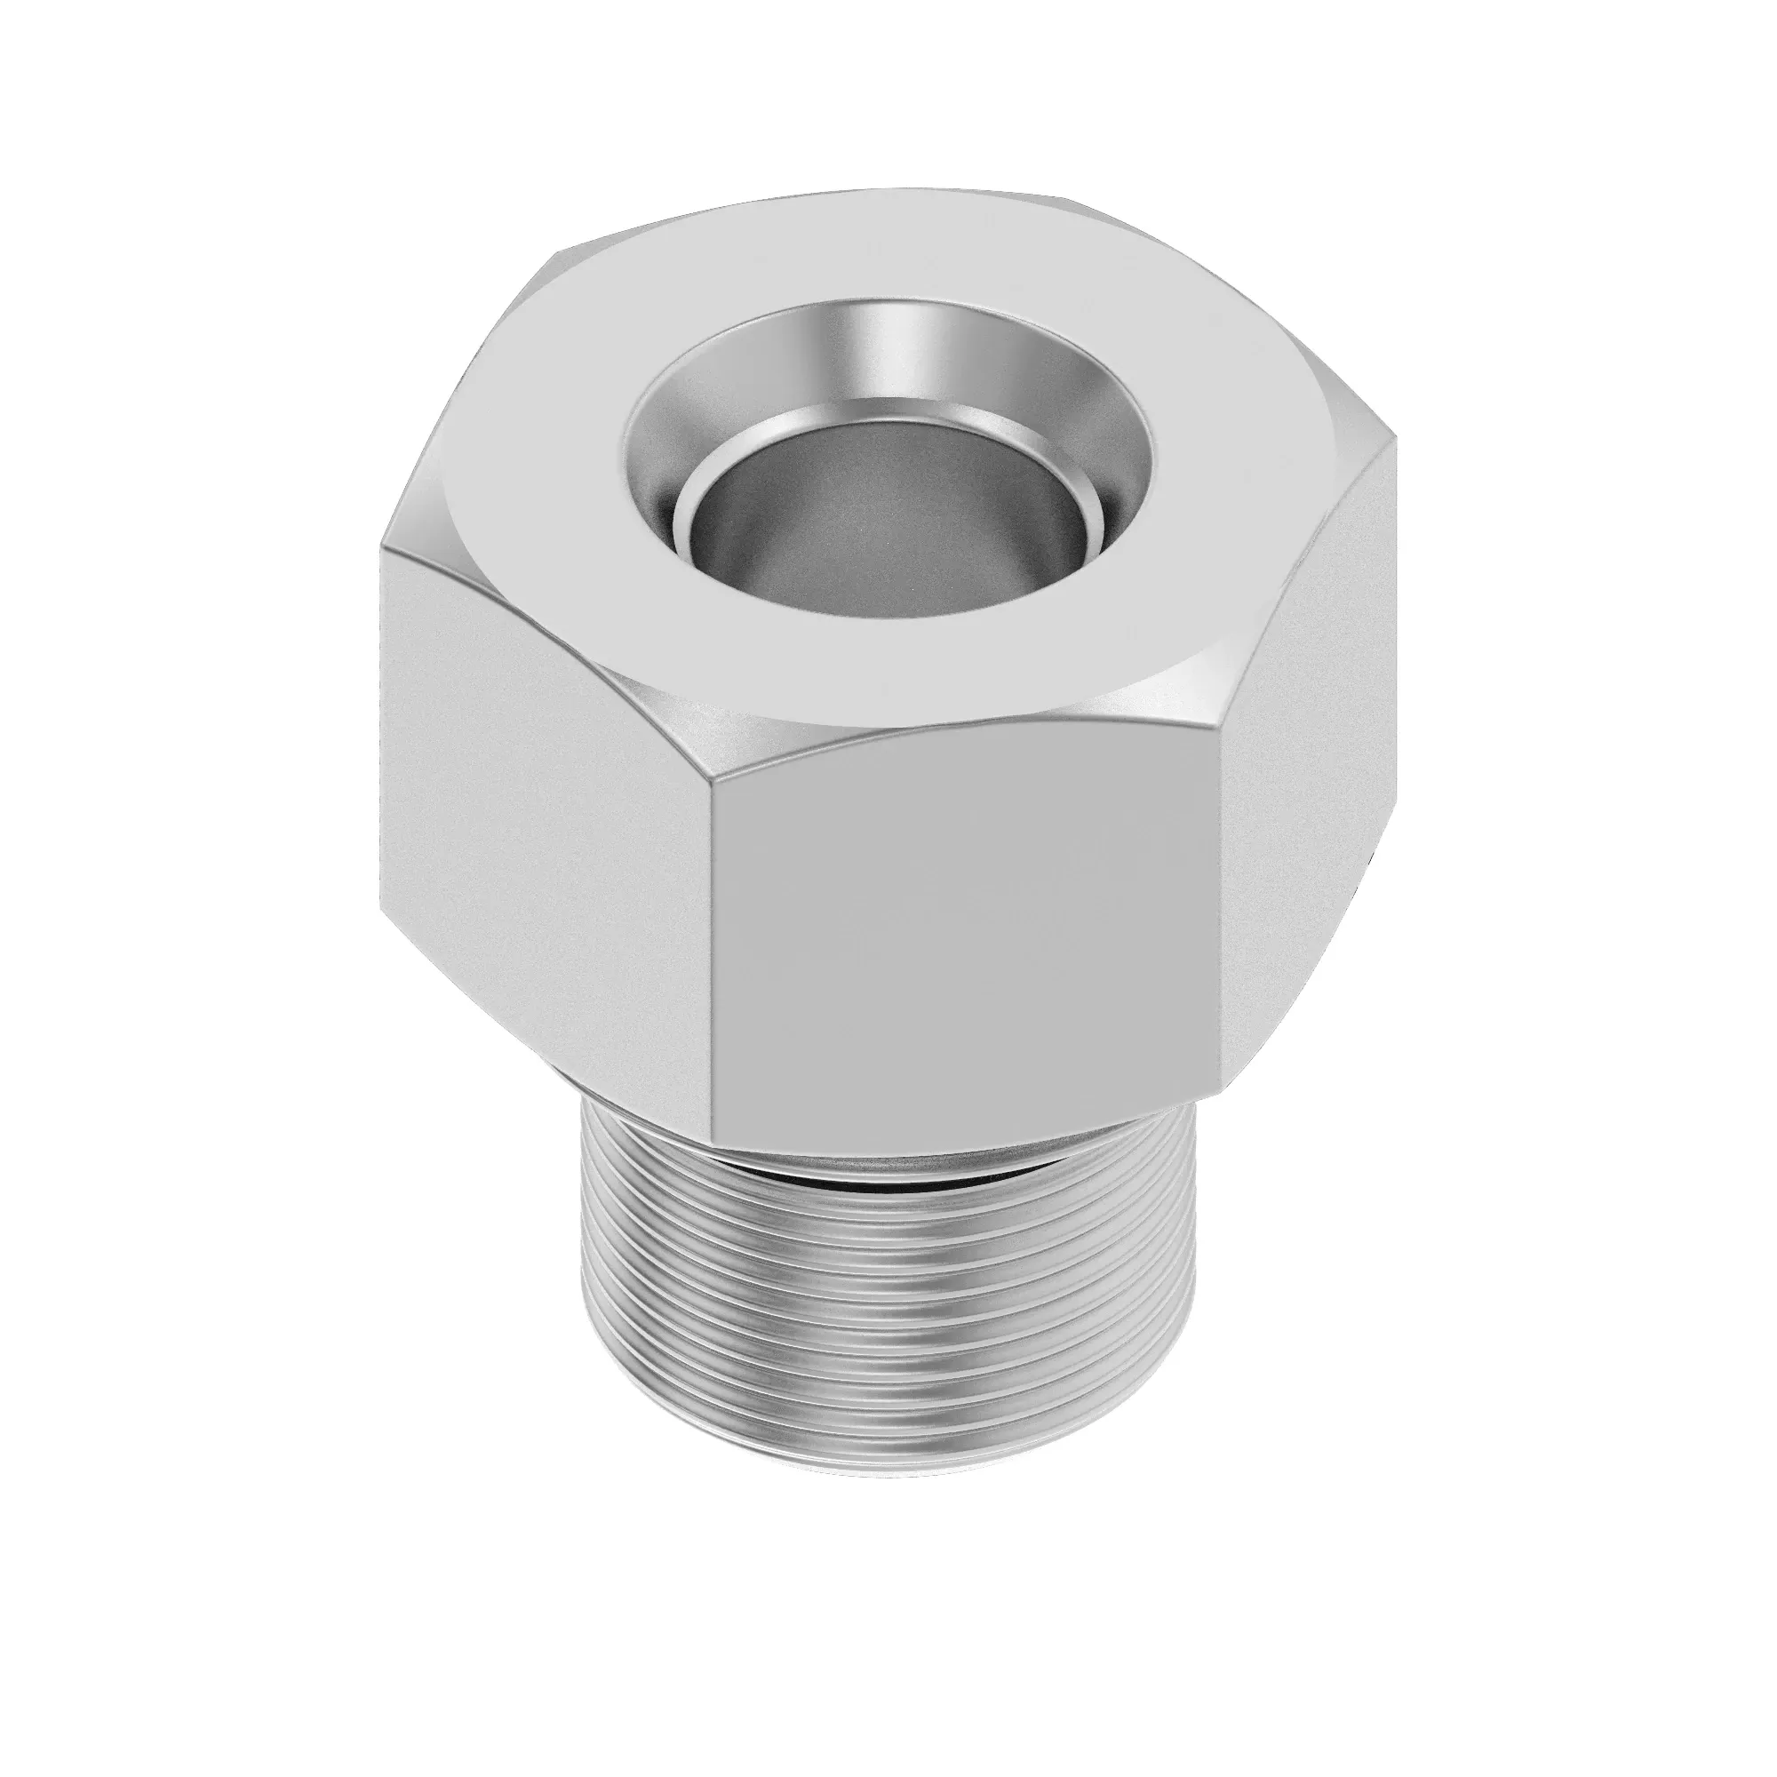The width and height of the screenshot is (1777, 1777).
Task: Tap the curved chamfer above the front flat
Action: point(920,727)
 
